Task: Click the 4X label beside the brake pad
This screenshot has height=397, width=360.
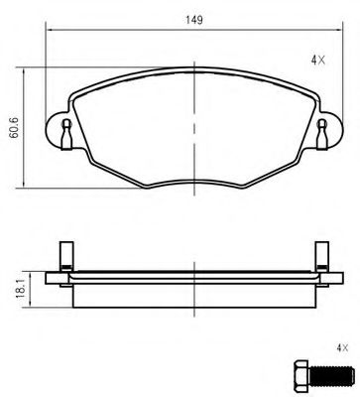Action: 317,61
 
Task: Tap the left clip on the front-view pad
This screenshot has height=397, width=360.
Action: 64,131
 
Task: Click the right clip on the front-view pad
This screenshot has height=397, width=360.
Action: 322,131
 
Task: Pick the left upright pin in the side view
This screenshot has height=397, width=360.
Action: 64,256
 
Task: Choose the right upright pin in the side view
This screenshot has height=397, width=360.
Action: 321,256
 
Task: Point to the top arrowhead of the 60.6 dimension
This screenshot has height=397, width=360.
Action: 24,71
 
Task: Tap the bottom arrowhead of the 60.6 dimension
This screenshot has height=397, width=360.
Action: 24,186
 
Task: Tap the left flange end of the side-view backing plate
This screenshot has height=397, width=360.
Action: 54,276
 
